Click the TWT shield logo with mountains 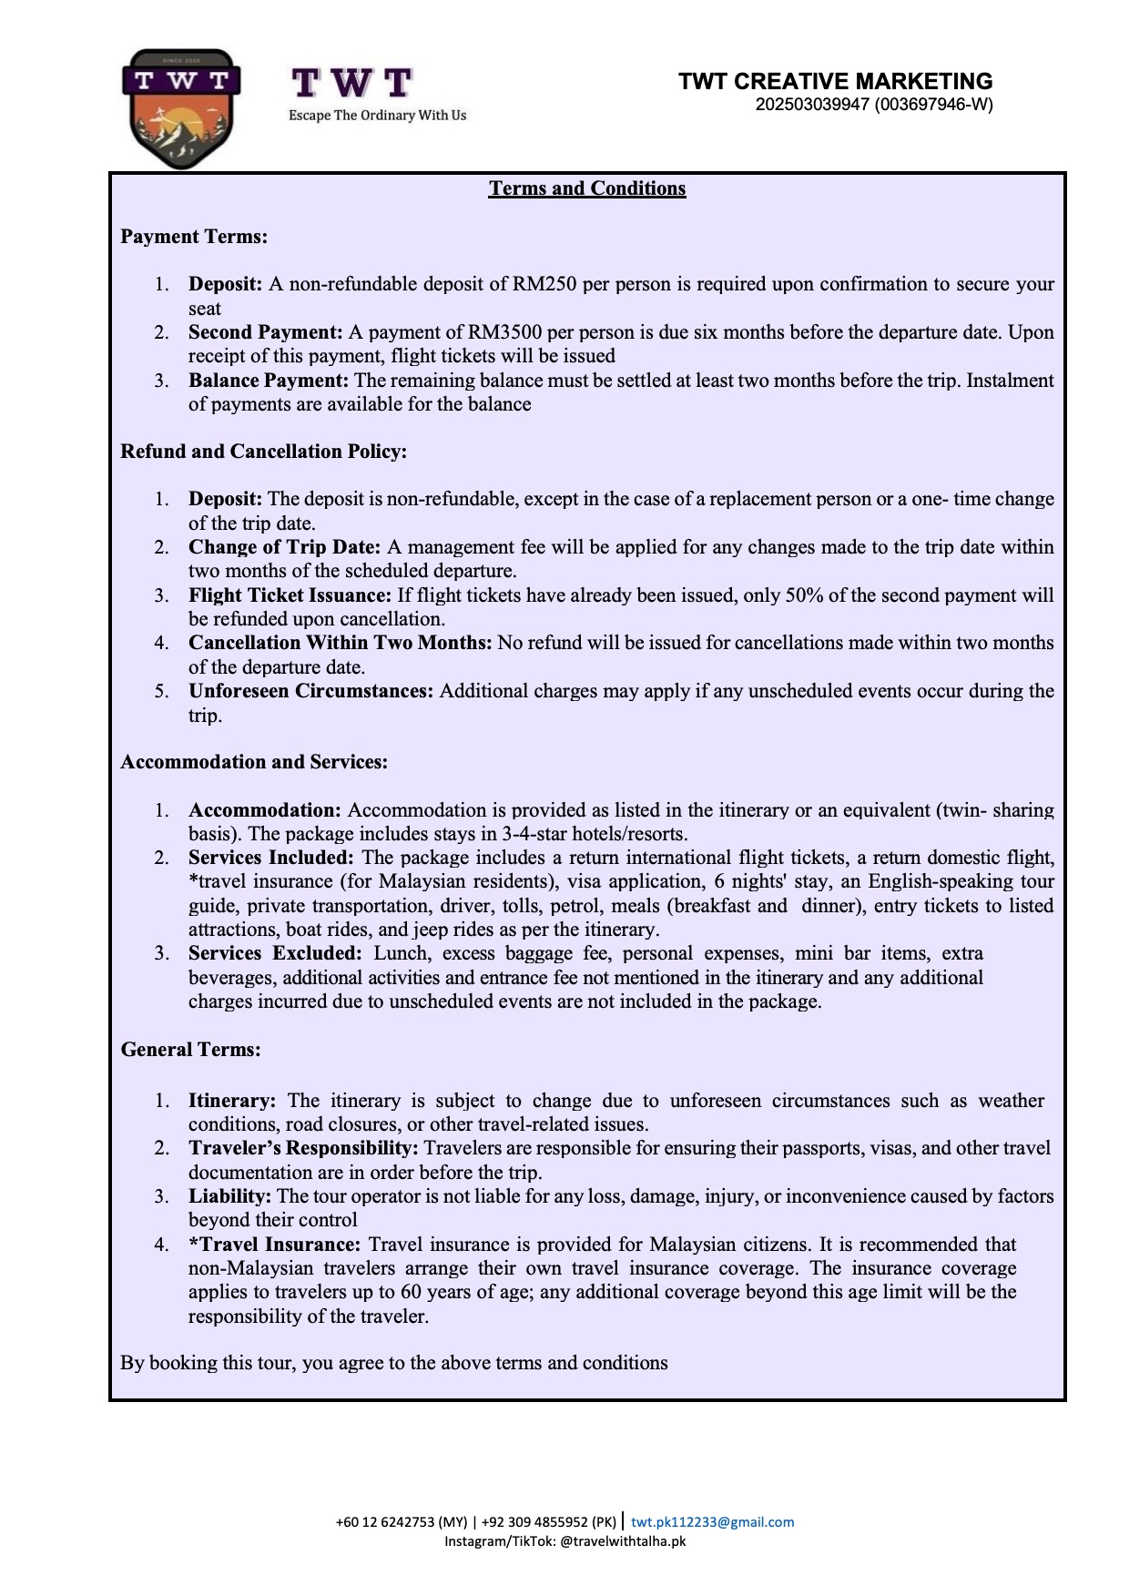[181, 109]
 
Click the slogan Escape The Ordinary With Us [377, 116]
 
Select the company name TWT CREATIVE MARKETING [835, 81]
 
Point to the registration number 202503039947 [812, 104]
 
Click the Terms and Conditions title [586, 188]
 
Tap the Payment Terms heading [194, 237]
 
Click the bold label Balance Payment [268, 381]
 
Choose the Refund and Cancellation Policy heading [263, 452]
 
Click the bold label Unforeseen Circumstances [310, 691]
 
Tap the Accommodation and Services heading [254, 762]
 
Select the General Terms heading [190, 1050]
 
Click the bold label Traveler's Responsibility [303, 1148]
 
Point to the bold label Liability [229, 1196]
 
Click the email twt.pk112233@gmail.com [712, 1522]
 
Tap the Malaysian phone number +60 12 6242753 [401, 1522]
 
